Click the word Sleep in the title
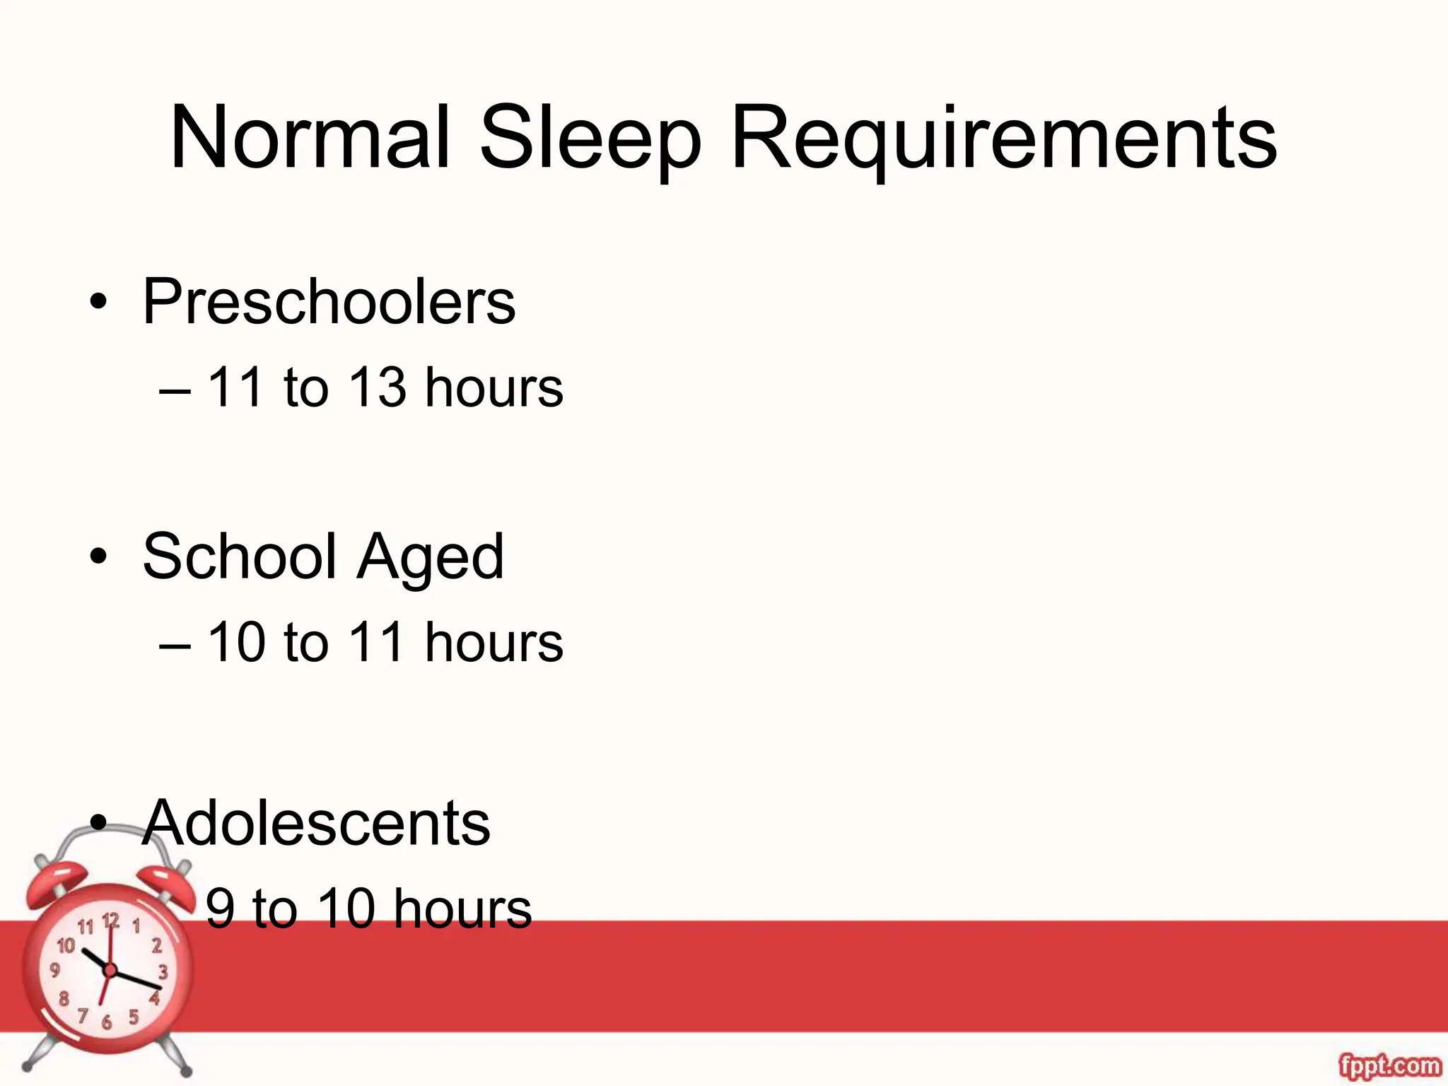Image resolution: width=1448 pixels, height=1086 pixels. [x=590, y=139]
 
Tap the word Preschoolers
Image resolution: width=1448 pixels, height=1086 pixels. [x=329, y=302]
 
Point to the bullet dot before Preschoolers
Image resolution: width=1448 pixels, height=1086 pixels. [x=99, y=305]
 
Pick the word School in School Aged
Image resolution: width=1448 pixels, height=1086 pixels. [x=240, y=556]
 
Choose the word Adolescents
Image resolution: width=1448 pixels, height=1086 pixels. [x=316, y=823]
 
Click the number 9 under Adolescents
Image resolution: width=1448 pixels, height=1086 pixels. [x=220, y=909]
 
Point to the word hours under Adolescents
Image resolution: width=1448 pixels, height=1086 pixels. [x=462, y=909]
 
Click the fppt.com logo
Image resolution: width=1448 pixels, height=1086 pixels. [x=1389, y=1065]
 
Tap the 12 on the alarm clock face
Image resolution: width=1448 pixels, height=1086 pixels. [x=111, y=921]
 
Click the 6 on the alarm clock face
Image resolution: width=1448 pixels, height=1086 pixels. [x=107, y=1022]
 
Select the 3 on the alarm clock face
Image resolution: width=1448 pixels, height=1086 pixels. [x=163, y=971]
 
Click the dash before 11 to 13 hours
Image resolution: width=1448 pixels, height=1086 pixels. [x=175, y=389]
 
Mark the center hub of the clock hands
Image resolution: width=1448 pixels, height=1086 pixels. [x=110, y=969]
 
